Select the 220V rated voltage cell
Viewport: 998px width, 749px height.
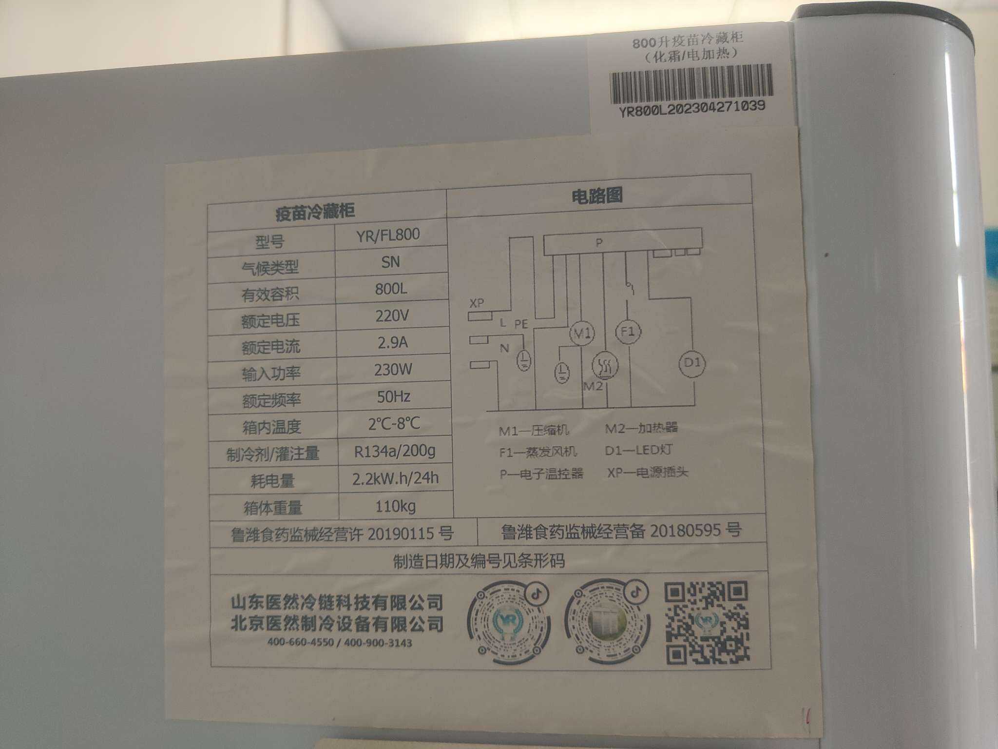click(392, 316)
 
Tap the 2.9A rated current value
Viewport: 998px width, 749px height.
click(392, 342)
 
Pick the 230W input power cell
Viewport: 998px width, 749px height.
click(393, 369)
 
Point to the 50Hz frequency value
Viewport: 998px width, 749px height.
click(393, 396)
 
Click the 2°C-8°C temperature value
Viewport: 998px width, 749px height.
click(394, 423)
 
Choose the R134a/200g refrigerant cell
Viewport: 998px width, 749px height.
click(395, 451)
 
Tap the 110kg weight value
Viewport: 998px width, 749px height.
click(395, 506)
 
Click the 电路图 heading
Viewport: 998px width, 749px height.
click(597, 196)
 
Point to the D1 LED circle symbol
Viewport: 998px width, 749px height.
click(692, 363)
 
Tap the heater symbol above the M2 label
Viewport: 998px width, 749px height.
click(605, 365)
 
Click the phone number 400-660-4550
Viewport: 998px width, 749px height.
click(300, 642)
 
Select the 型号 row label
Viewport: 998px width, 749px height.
click(269, 241)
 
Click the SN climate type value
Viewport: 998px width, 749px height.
click(390, 262)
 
